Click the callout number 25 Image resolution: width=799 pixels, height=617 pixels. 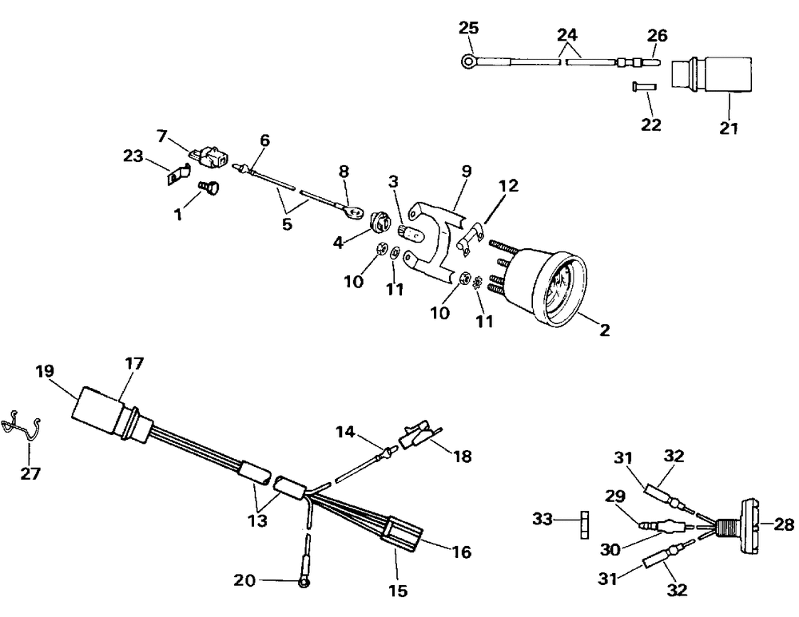pyautogui.click(x=469, y=29)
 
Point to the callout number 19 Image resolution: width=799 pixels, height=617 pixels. pyautogui.click(x=46, y=371)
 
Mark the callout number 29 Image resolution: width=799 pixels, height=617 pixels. pyautogui.click(x=614, y=496)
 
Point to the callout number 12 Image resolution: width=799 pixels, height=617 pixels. pyautogui.click(x=510, y=186)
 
